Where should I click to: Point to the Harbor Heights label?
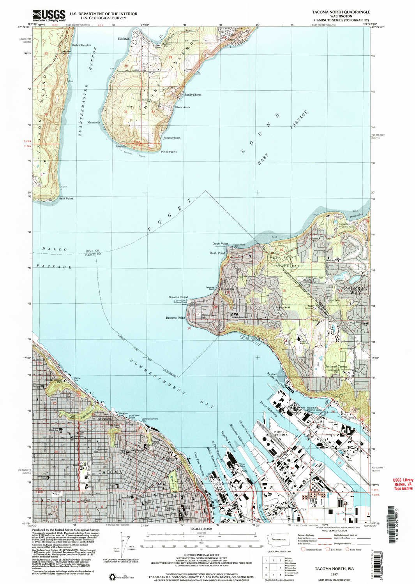pyautogui.click(x=80, y=45)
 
